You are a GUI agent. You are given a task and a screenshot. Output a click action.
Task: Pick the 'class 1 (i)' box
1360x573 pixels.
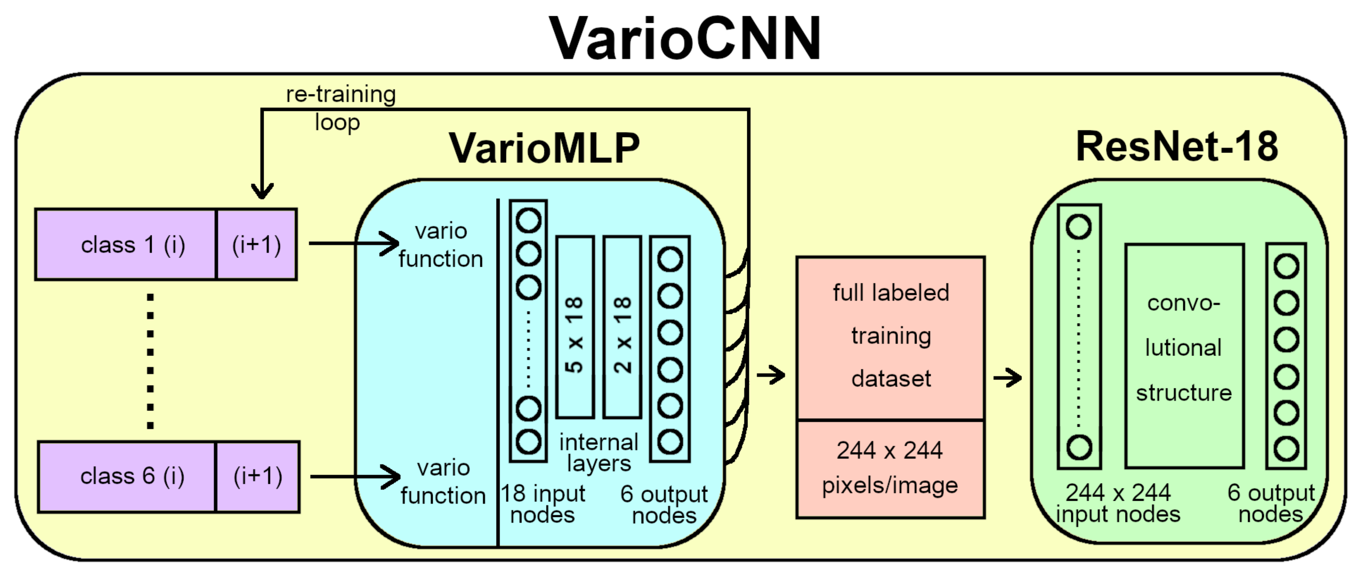[x=127, y=245]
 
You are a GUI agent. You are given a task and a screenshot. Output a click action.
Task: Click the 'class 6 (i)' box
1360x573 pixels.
[x=127, y=476]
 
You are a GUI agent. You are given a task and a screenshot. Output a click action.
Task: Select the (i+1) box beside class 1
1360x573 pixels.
[x=257, y=245]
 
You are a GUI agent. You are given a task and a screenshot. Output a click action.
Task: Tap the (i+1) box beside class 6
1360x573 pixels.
[x=258, y=476]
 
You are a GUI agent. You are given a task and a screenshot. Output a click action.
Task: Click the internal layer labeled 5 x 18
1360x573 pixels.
[x=575, y=328]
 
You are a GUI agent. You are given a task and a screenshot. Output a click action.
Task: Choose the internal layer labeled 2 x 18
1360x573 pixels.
[x=622, y=328]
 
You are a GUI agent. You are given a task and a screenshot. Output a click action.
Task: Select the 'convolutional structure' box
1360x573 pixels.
[x=1184, y=356]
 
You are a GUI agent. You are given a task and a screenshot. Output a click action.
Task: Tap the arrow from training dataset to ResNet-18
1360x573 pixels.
[x=1007, y=378]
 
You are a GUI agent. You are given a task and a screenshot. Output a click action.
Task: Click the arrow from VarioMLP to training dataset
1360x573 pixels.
[x=771, y=375]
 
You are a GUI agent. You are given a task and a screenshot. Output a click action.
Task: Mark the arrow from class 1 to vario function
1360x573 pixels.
[x=354, y=244]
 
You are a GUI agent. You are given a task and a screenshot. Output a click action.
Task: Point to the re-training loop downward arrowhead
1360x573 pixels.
[x=262, y=190]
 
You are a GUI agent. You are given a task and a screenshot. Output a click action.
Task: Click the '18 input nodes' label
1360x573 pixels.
[x=543, y=504]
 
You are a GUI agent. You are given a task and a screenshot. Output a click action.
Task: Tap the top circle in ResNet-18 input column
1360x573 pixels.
[x=1079, y=227]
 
